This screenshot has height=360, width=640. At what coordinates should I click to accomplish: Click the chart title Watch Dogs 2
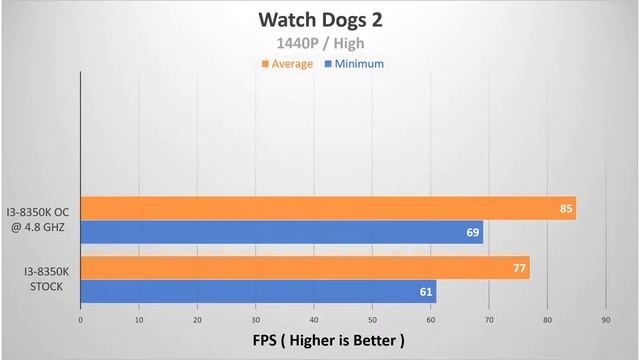point(320,20)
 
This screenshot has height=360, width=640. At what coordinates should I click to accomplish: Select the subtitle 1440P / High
point(320,43)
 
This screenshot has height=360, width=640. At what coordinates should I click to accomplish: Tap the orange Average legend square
point(265,64)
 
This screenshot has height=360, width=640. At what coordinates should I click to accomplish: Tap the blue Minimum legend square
point(328,64)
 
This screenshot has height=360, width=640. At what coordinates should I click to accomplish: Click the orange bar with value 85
point(328,208)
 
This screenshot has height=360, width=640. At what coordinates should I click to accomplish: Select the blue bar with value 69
point(282,232)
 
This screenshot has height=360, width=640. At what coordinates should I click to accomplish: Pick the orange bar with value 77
point(305,268)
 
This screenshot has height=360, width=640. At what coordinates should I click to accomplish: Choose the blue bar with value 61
point(258,292)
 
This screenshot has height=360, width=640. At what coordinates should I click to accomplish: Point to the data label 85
point(566,209)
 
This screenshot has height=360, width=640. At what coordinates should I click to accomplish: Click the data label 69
point(473,233)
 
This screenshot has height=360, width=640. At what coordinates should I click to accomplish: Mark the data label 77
point(519,268)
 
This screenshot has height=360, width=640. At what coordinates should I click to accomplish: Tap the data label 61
point(426,292)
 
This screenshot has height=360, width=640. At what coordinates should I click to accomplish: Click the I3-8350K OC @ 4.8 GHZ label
point(38,220)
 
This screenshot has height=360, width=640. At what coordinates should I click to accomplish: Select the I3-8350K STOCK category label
point(46,279)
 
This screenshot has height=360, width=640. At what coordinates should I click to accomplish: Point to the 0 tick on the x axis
point(80,320)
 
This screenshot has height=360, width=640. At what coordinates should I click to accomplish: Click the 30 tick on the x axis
point(256,320)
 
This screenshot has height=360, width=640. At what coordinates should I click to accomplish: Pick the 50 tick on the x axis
point(372,320)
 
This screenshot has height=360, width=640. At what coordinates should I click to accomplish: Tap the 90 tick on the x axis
point(606,320)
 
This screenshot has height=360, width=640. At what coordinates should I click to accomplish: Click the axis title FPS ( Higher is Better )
point(329,340)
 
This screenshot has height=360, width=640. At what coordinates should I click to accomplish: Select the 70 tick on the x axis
point(489,320)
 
